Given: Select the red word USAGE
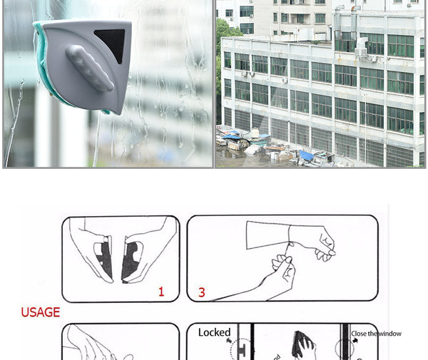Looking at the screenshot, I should pos(40,312).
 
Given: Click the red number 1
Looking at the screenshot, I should pos(161,292).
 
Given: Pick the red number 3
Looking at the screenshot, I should pos(202,292).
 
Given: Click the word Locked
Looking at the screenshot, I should pos(214,332).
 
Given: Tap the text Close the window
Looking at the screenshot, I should pos(376,334).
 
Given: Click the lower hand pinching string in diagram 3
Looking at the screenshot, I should pos(280,275).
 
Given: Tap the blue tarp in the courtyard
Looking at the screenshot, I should pos(306,155).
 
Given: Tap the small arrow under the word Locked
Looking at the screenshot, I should pos(230,342).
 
